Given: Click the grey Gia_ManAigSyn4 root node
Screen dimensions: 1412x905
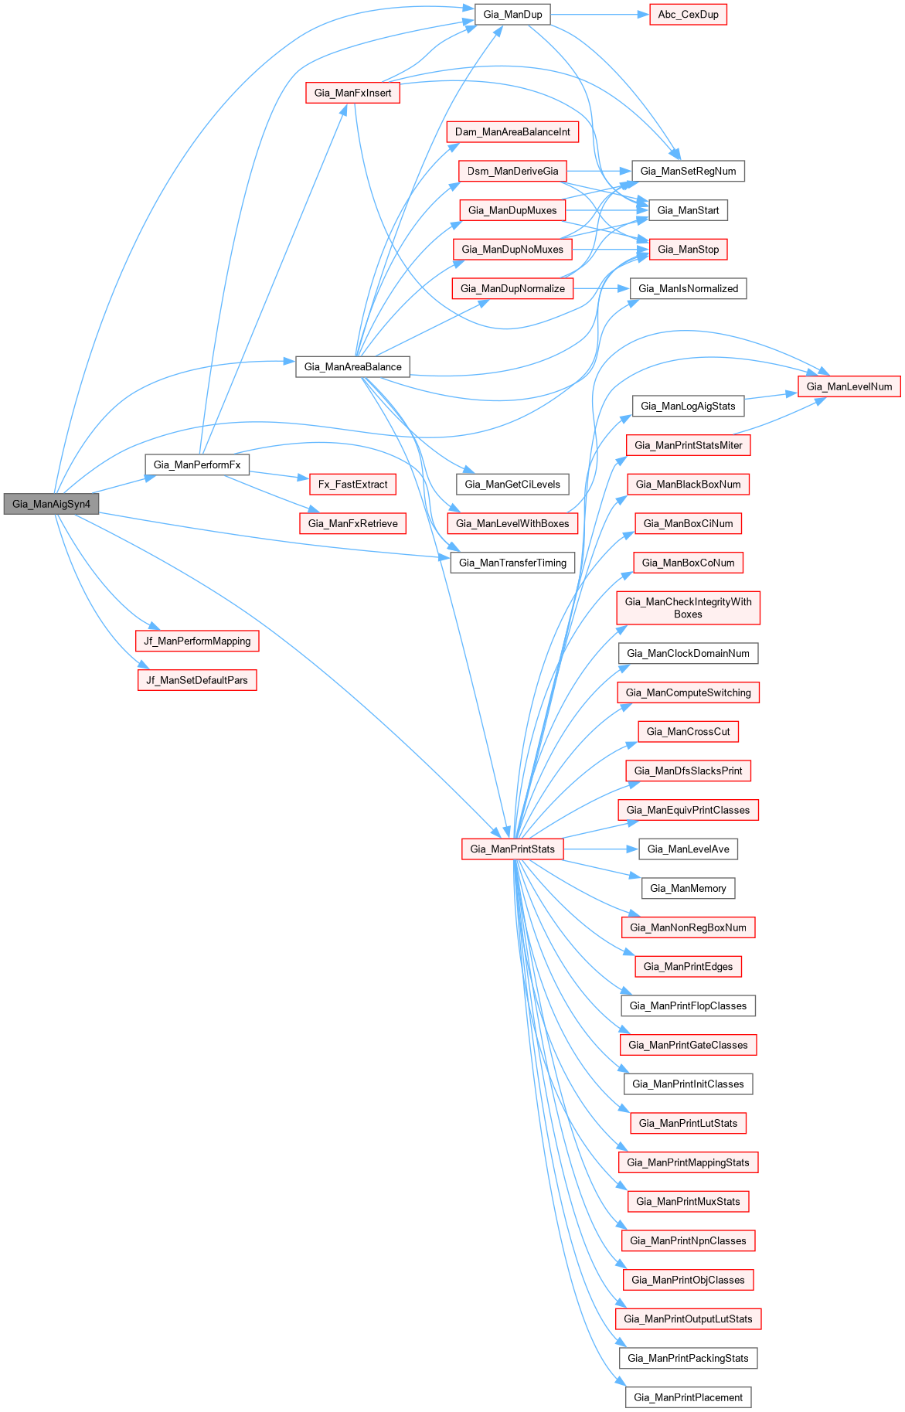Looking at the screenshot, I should (x=51, y=504).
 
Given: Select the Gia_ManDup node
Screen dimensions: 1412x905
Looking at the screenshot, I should (x=512, y=14).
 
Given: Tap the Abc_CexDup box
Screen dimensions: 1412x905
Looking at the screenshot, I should (x=688, y=14).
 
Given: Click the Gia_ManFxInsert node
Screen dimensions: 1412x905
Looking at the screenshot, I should (x=352, y=93).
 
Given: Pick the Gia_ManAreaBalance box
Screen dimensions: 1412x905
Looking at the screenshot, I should (x=352, y=366).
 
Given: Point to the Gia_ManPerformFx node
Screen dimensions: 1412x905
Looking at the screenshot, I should (x=197, y=464).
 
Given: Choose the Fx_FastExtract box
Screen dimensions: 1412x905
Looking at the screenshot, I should (x=352, y=484).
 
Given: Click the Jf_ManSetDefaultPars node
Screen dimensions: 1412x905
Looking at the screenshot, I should (x=197, y=680).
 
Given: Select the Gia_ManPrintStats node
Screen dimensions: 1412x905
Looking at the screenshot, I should (x=512, y=849).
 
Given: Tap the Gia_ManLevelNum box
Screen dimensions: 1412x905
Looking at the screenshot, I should (x=849, y=386).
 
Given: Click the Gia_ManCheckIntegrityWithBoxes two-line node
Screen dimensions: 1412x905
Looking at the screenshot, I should (x=688, y=607).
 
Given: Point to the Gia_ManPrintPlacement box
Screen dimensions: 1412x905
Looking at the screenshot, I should (x=688, y=1397).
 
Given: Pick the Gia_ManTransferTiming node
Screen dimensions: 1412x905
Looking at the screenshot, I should (x=512, y=563).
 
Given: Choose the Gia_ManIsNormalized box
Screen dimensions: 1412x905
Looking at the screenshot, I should (x=688, y=288).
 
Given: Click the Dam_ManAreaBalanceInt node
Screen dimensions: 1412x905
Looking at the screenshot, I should (x=512, y=131).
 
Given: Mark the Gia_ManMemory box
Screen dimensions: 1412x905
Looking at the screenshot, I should (x=688, y=888).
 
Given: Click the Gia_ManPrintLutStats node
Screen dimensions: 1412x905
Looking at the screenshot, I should (x=688, y=1123).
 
